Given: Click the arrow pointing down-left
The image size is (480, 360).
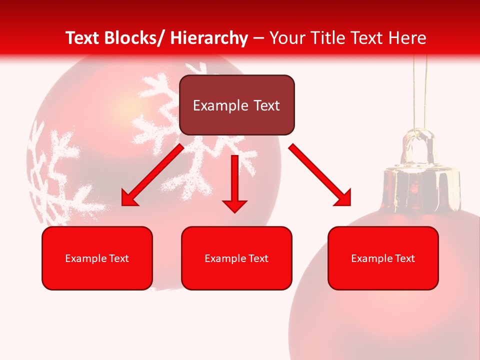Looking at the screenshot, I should [152, 175].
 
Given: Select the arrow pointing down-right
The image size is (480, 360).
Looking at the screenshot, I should [320, 175].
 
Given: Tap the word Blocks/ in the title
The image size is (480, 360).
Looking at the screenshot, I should [135, 38].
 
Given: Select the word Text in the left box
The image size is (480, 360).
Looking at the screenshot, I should [118, 258].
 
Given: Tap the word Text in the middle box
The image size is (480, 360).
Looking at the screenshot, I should [258, 258].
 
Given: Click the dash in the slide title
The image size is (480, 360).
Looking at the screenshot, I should [258, 38].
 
